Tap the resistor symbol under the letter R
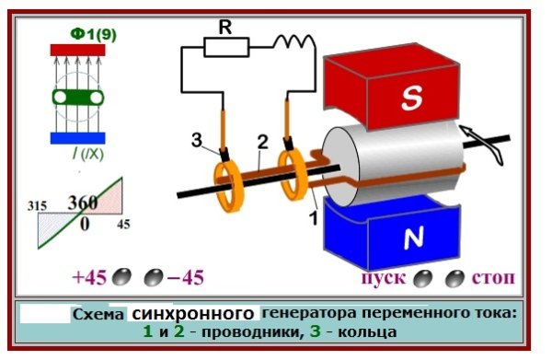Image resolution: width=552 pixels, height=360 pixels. click(224, 47)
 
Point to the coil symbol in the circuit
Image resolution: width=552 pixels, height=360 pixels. click(293, 41)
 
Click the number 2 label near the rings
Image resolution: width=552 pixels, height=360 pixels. click(262, 142)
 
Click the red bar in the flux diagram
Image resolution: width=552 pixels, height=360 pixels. click(77, 50)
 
